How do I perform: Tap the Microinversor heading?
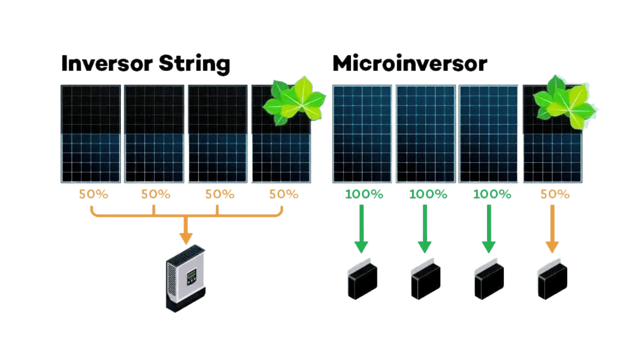(x=409, y=64)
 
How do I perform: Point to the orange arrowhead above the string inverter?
(x=186, y=237)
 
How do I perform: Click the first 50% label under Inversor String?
(x=94, y=194)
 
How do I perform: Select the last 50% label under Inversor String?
(x=283, y=194)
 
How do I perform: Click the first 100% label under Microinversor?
(x=364, y=194)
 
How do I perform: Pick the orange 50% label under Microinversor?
(x=555, y=194)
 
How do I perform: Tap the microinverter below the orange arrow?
(x=552, y=281)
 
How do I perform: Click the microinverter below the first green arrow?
(x=362, y=281)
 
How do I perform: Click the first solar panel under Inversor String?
(x=90, y=133)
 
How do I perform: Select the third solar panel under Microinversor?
(x=489, y=133)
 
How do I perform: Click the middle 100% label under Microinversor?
(x=428, y=194)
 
